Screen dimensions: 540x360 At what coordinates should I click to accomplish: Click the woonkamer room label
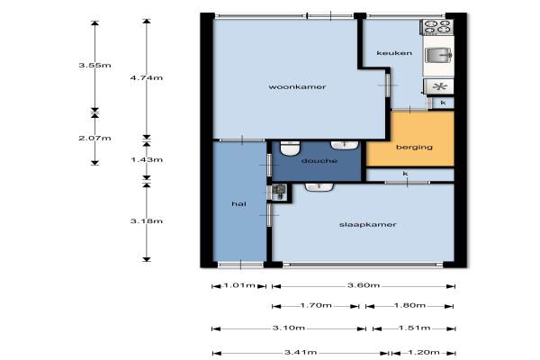click(x=297, y=86)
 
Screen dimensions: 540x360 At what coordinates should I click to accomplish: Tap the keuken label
click(x=394, y=53)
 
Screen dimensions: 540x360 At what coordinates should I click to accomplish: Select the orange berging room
click(x=409, y=139)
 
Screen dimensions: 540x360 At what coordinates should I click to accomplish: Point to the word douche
click(x=319, y=161)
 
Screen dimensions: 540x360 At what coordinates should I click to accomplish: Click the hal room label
click(x=238, y=203)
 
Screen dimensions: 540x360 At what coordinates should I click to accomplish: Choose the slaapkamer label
click(x=368, y=225)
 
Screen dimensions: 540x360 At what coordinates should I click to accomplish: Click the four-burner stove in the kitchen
click(x=437, y=27)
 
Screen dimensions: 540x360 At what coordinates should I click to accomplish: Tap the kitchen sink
click(x=438, y=55)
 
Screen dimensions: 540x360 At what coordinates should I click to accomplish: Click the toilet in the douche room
click(x=291, y=148)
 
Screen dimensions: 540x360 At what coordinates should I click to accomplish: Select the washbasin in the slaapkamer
click(x=319, y=187)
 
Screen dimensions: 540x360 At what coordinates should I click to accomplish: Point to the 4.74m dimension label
click(x=147, y=78)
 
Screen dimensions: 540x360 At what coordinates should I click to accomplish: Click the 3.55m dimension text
click(x=94, y=65)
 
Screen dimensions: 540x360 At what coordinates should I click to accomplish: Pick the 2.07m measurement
click(x=94, y=138)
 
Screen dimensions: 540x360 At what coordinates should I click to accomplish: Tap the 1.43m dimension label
click(x=147, y=160)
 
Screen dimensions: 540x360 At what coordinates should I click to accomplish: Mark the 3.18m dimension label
click(x=147, y=221)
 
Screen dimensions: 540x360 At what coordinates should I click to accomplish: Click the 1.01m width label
click(x=239, y=285)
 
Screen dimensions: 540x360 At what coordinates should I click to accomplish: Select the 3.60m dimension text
click(x=364, y=285)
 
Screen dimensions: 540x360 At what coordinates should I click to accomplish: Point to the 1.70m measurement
click(x=316, y=305)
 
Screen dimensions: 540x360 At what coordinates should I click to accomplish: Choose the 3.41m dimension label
click(x=301, y=353)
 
